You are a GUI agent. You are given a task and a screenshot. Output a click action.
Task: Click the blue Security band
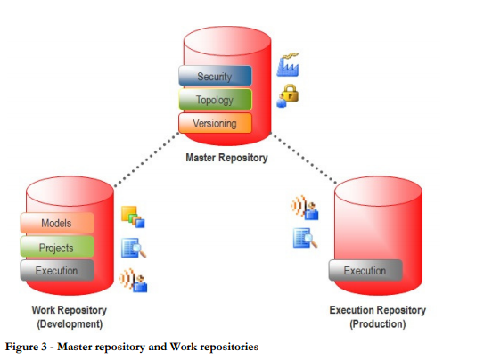[x=215, y=77]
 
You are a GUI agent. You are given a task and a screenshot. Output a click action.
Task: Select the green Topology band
[x=215, y=100]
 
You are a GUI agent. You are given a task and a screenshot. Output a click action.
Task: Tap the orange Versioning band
[x=215, y=123]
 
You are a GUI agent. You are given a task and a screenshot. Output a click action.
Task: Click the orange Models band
[x=57, y=223]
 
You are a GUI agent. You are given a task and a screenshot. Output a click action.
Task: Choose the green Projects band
[x=57, y=247]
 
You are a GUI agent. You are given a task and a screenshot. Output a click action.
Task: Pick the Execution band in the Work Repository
[x=57, y=270]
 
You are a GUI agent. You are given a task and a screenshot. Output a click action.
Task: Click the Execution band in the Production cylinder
[x=365, y=270]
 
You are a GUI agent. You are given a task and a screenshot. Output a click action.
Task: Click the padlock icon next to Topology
[x=287, y=95]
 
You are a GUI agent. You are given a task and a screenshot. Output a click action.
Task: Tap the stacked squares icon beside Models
[x=132, y=217]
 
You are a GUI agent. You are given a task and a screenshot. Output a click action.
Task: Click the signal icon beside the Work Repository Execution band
[x=132, y=280]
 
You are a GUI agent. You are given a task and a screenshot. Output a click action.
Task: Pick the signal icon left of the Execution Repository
[x=304, y=209]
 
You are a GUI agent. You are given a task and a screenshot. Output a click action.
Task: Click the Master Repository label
[x=226, y=158]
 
